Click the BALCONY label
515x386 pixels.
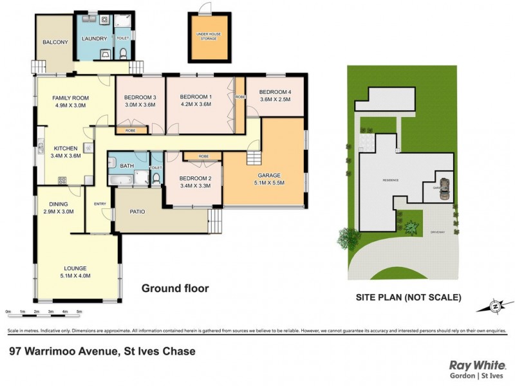click(x=55, y=42)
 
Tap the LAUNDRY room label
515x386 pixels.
click(x=94, y=39)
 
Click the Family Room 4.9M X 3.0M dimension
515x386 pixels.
click(x=70, y=106)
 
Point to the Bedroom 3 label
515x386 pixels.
click(x=140, y=97)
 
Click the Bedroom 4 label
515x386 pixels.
click(x=275, y=91)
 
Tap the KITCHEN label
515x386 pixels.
click(x=66, y=147)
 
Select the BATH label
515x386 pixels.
click(x=126, y=166)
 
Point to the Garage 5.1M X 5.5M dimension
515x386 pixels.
click(x=268, y=183)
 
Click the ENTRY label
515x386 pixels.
click(x=100, y=204)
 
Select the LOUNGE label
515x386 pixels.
click(x=75, y=268)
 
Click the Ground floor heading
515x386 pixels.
click(x=175, y=289)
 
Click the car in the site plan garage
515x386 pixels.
click(x=443, y=189)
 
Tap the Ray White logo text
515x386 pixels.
click(x=473, y=365)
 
